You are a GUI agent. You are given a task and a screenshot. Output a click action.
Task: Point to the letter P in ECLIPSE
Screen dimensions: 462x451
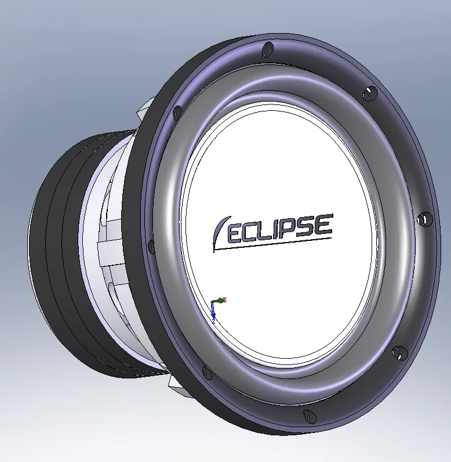point(292,225)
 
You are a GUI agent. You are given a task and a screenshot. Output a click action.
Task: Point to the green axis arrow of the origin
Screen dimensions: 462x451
point(219,300)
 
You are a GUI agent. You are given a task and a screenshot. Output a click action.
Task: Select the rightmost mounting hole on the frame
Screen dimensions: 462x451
point(425,219)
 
